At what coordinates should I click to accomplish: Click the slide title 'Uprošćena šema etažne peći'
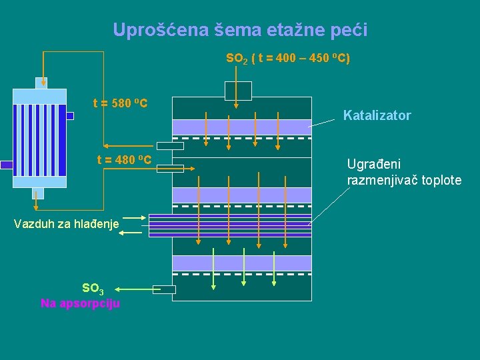240,30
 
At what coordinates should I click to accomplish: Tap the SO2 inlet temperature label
288,59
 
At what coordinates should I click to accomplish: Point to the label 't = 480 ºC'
125,160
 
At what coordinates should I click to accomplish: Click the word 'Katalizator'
377,116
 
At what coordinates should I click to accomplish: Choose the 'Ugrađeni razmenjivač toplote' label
404,172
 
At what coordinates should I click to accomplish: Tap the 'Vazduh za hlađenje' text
66,224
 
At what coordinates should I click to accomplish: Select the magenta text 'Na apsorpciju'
80,303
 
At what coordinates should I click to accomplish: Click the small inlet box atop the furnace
238,91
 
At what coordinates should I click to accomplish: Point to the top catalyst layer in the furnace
241,127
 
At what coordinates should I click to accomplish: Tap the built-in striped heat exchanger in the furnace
230,225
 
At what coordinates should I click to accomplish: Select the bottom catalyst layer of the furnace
241,263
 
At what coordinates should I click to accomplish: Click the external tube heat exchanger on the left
40,139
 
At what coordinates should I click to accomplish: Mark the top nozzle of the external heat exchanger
41,83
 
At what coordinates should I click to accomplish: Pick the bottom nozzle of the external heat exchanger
39,193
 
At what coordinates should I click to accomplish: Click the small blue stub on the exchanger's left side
7,165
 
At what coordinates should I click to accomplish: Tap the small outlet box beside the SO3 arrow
164,289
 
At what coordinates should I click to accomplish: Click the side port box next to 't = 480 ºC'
170,169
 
